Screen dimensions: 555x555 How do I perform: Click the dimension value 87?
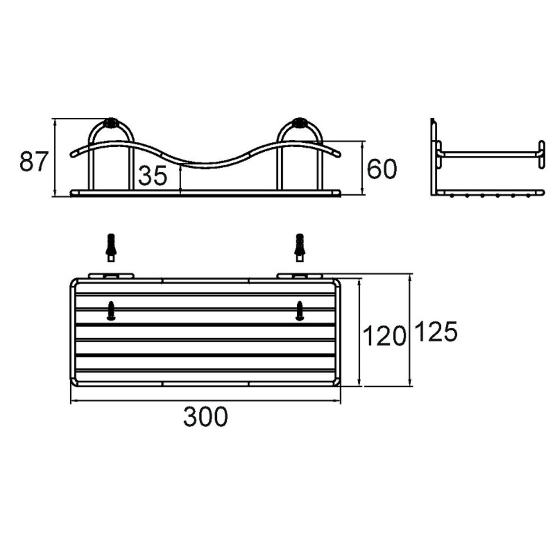(34, 162)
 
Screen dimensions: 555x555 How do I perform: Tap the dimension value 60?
(381, 169)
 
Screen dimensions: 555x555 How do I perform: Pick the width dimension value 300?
(205, 417)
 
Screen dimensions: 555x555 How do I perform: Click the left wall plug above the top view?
(111, 248)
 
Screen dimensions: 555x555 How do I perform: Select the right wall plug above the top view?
(300, 248)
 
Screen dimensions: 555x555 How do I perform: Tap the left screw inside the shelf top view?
(111, 311)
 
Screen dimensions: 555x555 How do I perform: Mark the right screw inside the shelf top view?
(300, 311)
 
